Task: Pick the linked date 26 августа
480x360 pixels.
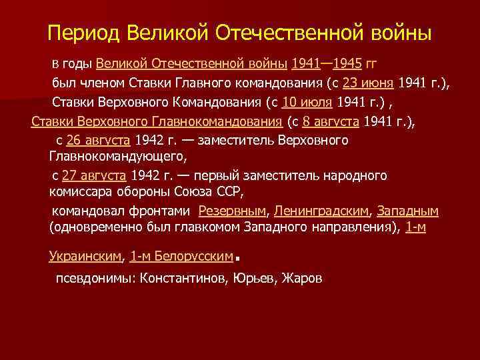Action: click(x=99, y=141)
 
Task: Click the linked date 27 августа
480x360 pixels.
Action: click(x=93, y=176)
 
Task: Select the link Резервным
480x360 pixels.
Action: click(x=233, y=211)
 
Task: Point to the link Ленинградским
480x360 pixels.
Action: click(x=321, y=211)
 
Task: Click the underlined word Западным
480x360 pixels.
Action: click(x=407, y=211)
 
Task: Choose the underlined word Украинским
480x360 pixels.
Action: click(x=86, y=255)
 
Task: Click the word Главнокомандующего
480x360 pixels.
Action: click(x=118, y=157)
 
